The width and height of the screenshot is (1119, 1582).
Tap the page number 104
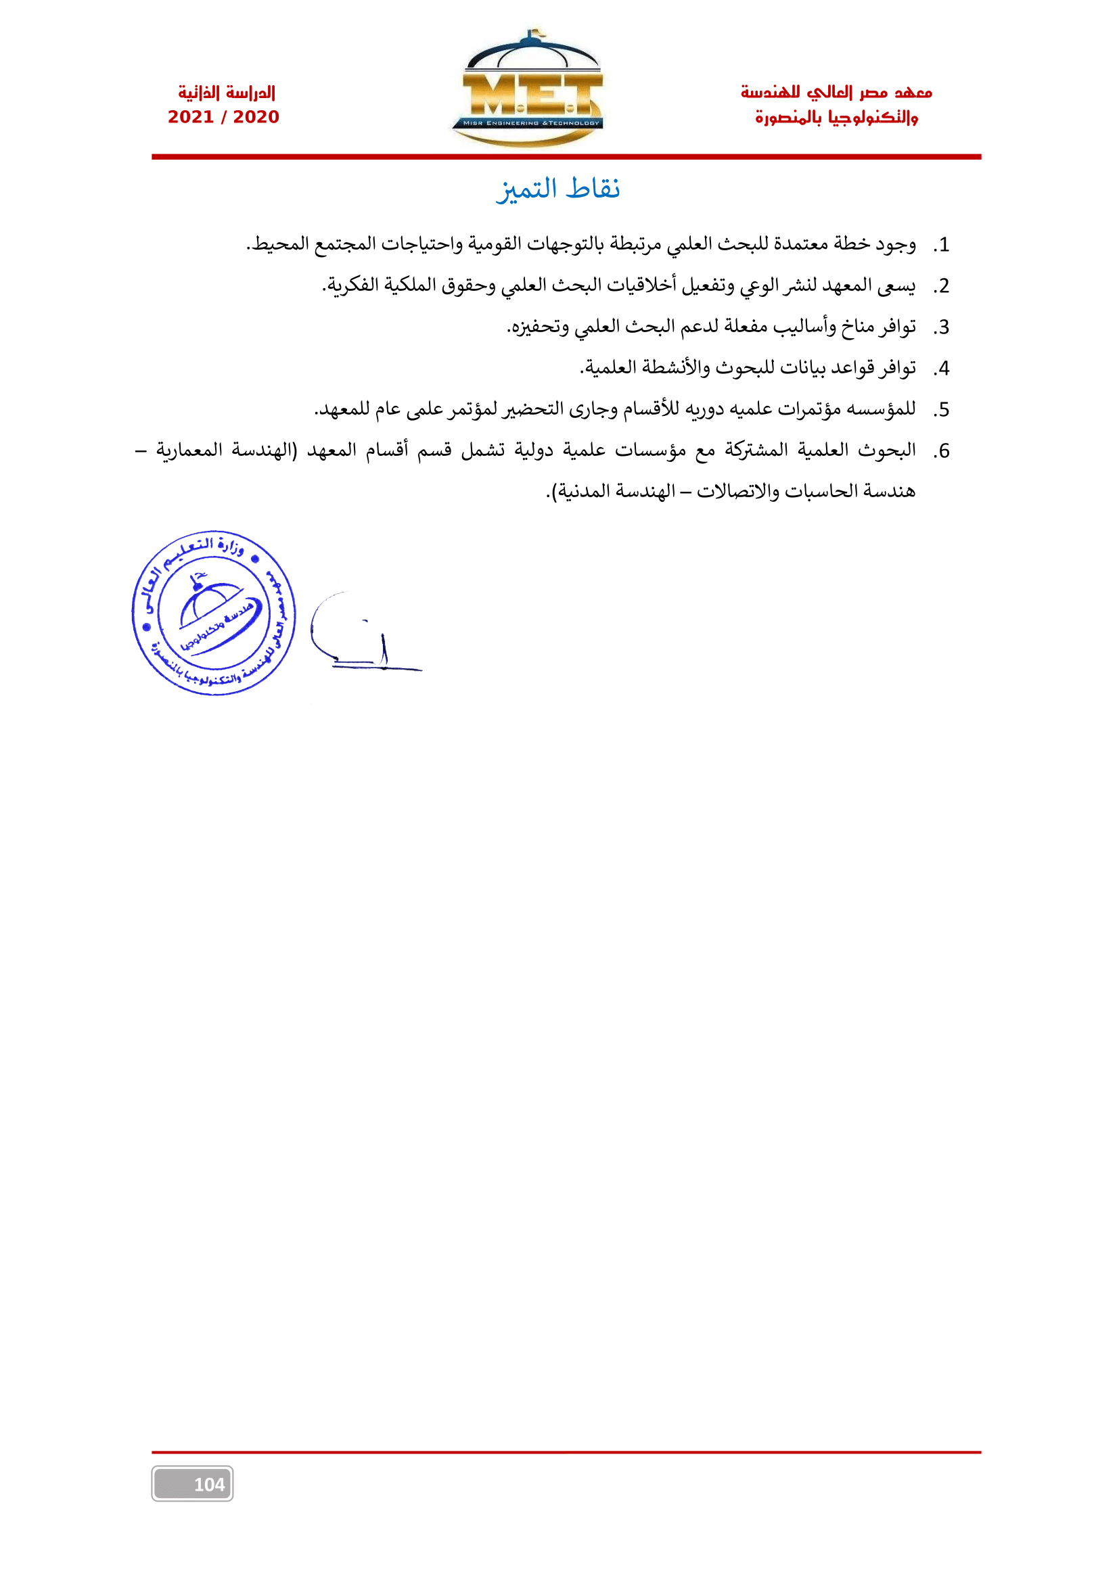pyautogui.click(x=208, y=1484)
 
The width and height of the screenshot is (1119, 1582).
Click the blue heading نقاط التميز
pyautogui.click(x=558, y=189)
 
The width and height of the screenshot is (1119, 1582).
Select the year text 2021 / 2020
pyautogui.click(x=223, y=117)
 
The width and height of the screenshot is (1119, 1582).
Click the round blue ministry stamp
pyautogui.click(x=214, y=613)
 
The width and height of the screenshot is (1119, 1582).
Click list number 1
pyautogui.click(x=942, y=246)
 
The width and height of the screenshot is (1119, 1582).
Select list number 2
pyautogui.click(x=942, y=287)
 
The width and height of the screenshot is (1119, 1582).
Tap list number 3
pyautogui.click(x=942, y=328)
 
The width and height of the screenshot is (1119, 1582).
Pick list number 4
pyautogui.click(x=942, y=369)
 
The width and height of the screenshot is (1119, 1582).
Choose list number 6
pyautogui.click(x=942, y=451)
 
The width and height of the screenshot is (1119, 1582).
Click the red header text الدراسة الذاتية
pyautogui.click(x=226, y=93)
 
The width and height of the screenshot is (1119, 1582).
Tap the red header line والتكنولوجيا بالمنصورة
pyautogui.click(x=836, y=118)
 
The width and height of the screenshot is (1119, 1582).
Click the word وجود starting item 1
pyautogui.click(x=896, y=245)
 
